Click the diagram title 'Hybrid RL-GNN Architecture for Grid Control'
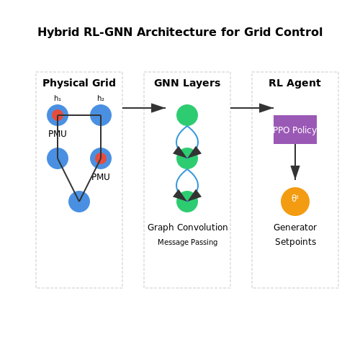(180, 32)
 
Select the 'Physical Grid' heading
(79, 83)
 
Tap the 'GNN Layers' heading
(187, 83)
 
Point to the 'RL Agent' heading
(294, 83)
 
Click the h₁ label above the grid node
(58, 98)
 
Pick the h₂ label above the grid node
(101, 98)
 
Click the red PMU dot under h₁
(58, 115)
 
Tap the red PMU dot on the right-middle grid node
(101, 158)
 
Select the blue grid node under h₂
(101, 115)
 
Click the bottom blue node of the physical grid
(79, 202)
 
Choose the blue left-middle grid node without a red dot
(58, 158)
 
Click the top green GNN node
(187, 115)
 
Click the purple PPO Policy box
(295, 130)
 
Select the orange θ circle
(295, 202)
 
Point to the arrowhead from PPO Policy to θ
(295, 173)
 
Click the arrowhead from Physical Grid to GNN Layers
(158, 108)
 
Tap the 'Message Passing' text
(188, 242)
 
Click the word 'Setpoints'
(295, 242)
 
